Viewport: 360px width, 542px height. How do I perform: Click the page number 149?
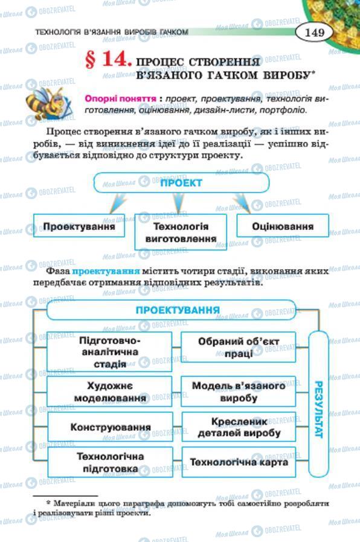click(315, 32)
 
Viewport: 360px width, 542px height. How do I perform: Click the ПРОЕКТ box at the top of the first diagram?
click(181, 183)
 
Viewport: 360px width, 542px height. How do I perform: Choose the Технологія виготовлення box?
click(181, 232)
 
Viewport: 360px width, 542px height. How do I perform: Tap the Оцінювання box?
click(283, 227)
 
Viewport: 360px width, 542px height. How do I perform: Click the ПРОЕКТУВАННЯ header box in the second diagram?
click(177, 310)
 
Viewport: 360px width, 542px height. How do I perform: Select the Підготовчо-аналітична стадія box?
click(110, 351)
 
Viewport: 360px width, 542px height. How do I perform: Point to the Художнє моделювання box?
click(110, 391)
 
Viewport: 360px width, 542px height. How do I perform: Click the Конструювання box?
click(110, 427)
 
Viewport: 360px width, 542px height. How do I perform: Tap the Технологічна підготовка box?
click(110, 462)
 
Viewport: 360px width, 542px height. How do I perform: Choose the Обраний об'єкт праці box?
click(239, 347)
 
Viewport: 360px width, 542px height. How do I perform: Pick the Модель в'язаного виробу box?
click(239, 391)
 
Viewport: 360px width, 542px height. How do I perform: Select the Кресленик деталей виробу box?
click(239, 427)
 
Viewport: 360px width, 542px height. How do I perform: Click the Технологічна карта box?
click(239, 462)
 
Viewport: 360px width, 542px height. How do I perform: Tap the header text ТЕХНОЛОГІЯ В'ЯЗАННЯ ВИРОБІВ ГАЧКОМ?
click(112, 32)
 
